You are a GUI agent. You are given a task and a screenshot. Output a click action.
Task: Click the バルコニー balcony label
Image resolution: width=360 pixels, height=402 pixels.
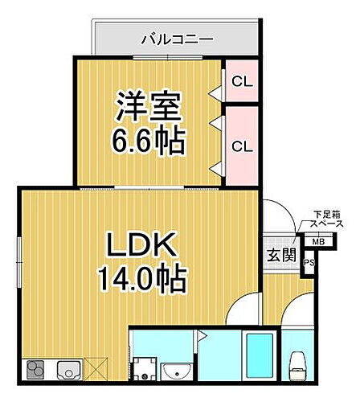tap(177, 38)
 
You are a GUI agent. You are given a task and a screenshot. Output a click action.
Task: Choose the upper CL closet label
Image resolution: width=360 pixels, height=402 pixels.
tap(239, 81)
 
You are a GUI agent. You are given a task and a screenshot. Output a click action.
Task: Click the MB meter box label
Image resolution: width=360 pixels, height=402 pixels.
tap(318, 241)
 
